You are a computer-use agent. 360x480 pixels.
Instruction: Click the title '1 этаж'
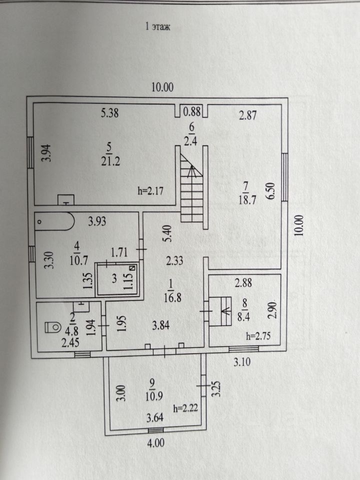[157, 27]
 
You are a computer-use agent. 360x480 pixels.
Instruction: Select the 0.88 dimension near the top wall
[192, 111]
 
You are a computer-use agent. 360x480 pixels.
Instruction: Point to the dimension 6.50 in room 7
[271, 190]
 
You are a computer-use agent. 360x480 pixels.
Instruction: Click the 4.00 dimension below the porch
[155, 442]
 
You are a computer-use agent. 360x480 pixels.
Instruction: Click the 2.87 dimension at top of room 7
[248, 116]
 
